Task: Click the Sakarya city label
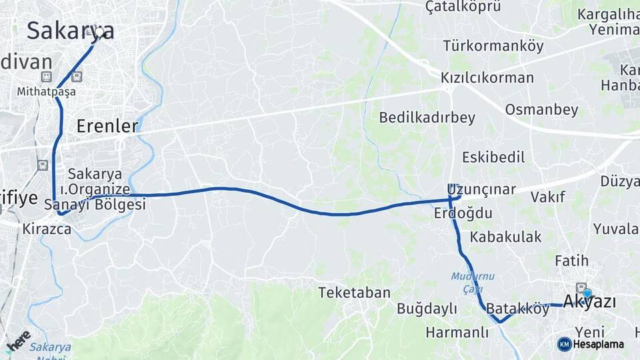[x=70, y=31]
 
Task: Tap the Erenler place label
[x=107, y=125]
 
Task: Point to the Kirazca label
[x=47, y=229]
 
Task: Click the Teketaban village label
[x=353, y=293]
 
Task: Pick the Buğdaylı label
[x=427, y=309]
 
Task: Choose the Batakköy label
[x=517, y=309]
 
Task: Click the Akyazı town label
[x=589, y=302]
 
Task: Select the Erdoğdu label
[x=463, y=213]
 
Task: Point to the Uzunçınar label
[x=481, y=189]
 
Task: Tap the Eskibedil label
[x=493, y=157]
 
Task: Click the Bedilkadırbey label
[x=427, y=118]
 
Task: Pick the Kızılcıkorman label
[x=487, y=78]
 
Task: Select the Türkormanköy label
[x=493, y=46]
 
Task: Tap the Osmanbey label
[x=541, y=109]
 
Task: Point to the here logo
[x=19, y=339]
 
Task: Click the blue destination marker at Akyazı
[x=587, y=293]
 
